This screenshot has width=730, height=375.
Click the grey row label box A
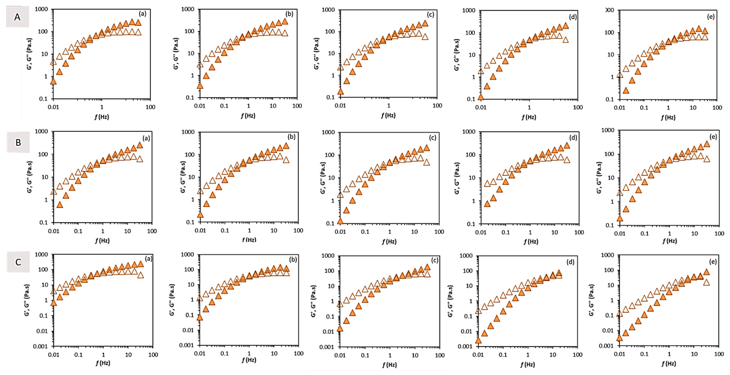click(x=17, y=17)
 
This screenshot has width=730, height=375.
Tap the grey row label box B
click(x=18, y=142)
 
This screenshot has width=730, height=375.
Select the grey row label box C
click(x=18, y=262)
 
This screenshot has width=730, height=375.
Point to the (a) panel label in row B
click(x=146, y=138)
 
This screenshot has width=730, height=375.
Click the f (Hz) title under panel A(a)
click(x=102, y=117)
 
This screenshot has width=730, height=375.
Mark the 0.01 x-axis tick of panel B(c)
click(x=340, y=232)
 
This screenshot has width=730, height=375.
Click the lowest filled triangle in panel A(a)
click(x=53, y=82)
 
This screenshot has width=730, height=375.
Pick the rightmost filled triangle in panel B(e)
click(x=707, y=144)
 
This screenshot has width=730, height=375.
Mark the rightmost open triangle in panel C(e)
click(x=706, y=282)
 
